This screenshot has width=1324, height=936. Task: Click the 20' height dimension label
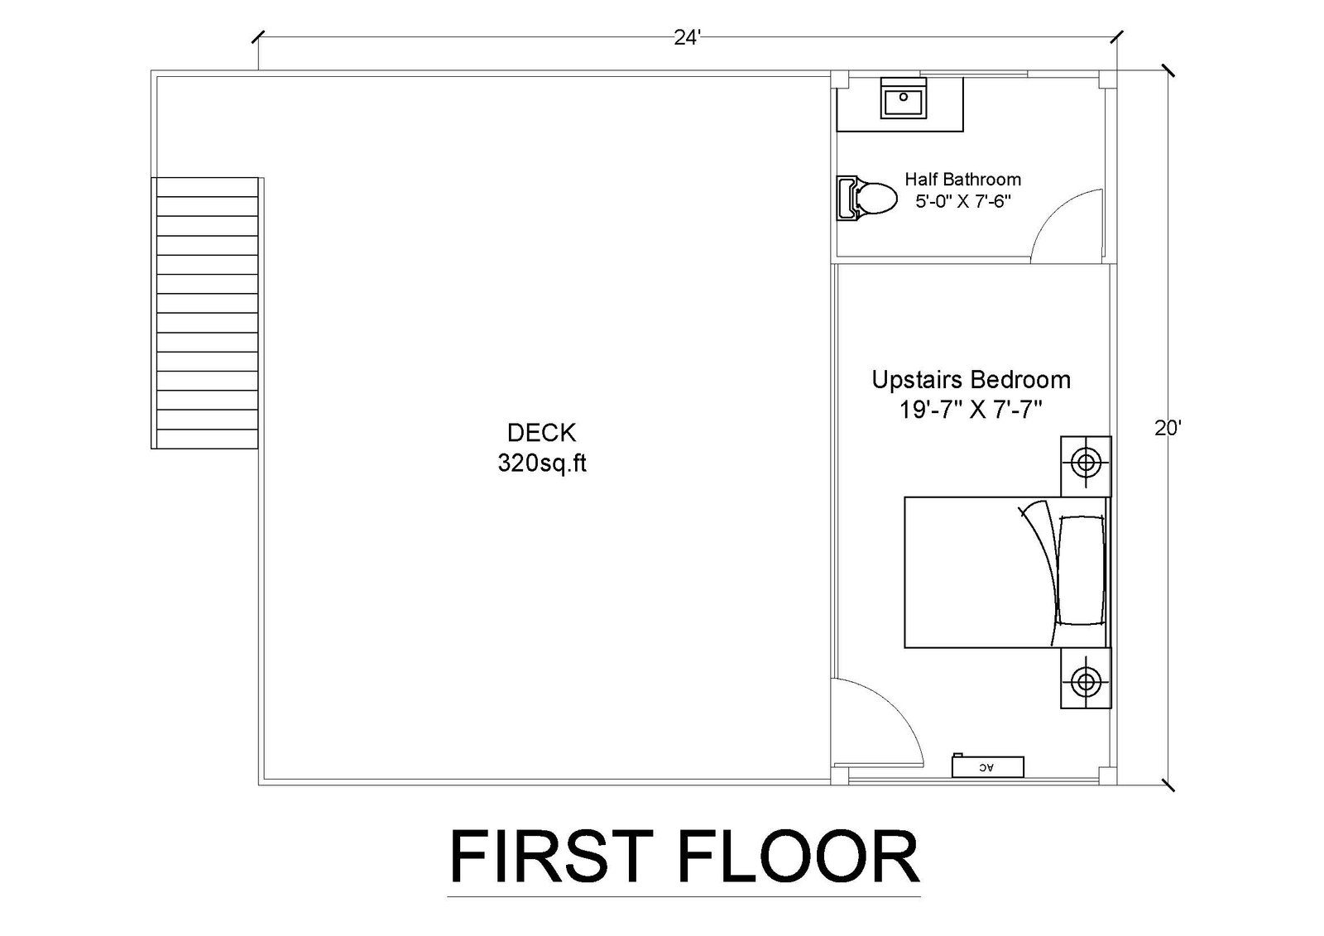1168,428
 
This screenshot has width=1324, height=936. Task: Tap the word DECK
541,433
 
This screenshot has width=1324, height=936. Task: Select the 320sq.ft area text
542,463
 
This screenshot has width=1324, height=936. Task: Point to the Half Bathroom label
963,179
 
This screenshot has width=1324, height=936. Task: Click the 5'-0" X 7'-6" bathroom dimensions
963,202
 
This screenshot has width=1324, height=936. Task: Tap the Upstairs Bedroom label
971,380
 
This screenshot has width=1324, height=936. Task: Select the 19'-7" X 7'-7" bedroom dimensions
970,409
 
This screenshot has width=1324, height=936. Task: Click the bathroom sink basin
903,98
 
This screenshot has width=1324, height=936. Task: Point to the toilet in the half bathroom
866,198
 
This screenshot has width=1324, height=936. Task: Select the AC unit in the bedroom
988,767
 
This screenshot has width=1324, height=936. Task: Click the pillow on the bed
1080,570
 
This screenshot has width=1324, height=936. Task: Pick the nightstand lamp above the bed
1086,462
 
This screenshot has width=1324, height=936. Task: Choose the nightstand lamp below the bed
1086,682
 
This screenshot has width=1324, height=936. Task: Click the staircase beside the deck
204,313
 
